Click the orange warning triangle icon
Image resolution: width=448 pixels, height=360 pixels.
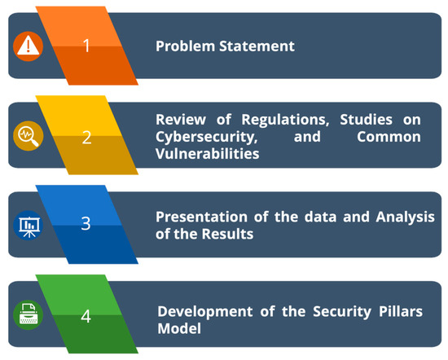click(28, 46)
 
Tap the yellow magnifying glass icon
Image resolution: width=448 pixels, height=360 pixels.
click(28, 136)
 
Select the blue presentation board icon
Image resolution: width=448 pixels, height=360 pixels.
click(28, 226)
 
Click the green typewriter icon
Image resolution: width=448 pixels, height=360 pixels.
click(28, 315)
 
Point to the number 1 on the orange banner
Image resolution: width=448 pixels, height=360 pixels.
click(86, 46)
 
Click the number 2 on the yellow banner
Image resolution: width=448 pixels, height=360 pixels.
click(86, 138)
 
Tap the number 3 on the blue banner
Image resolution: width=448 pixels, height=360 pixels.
click(86, 223)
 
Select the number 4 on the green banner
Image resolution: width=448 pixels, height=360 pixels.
click(86, 316)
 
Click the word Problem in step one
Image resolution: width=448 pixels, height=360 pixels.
click(185, 46)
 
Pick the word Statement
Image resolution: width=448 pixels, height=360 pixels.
click(257, 46)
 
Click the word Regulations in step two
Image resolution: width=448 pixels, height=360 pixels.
click(285, 120)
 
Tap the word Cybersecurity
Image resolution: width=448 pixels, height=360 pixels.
click(207, 138)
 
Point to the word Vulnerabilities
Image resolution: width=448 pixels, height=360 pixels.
click(208, 154)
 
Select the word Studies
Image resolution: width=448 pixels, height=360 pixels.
click(366, 120)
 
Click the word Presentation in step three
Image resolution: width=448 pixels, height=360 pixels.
click(201, 217)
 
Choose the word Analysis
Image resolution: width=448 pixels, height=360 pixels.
click(405, 217)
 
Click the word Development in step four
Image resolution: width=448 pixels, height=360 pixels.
click(204, 312)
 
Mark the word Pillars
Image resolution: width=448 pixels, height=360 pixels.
click(401, 311)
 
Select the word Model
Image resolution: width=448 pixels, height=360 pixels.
click(179, 328)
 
